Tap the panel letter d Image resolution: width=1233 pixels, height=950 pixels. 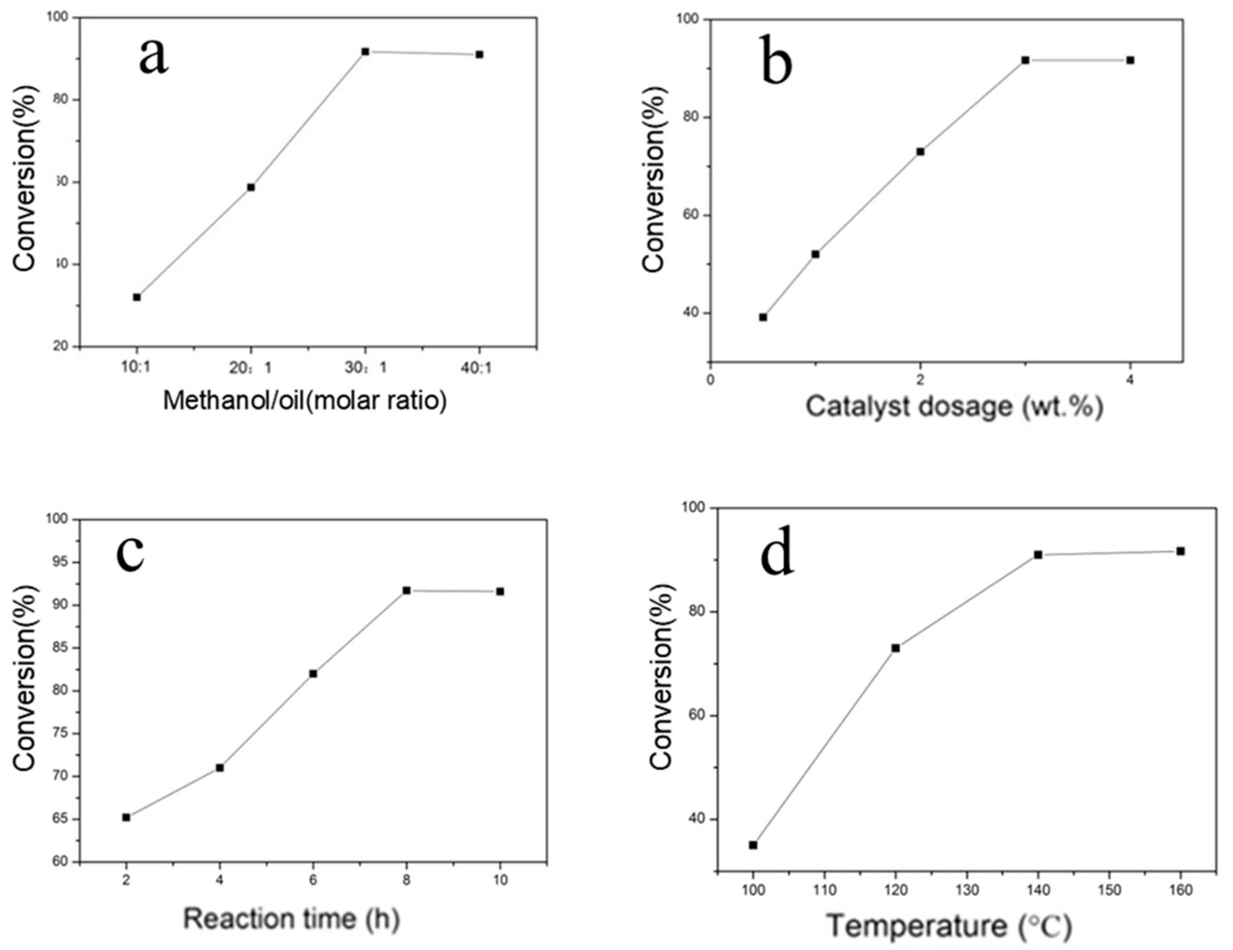click(777, 550)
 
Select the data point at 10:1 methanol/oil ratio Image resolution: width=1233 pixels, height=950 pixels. click(137, 297)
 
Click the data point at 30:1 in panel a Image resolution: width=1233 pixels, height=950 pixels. click(365, 51)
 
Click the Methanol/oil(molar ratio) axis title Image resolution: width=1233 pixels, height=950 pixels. click(305, 401)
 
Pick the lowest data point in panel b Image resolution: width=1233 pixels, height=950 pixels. click(763, 317)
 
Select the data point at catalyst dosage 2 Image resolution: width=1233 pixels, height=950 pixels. click(920, 151)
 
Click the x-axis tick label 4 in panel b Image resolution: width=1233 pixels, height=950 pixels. click(1130, 380)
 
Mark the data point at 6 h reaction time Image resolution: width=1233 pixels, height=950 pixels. click(313, 673)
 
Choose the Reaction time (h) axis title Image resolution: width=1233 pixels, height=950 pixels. click(291, 918)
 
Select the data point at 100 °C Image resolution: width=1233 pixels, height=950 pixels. click(753, 845)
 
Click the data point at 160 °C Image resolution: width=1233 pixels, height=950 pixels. click(1180, 551)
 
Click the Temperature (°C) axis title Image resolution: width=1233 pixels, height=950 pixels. click(949, 926)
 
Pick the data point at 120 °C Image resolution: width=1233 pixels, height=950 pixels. click(895, 648)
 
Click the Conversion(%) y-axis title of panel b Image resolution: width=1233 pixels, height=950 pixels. click(654, 179)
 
